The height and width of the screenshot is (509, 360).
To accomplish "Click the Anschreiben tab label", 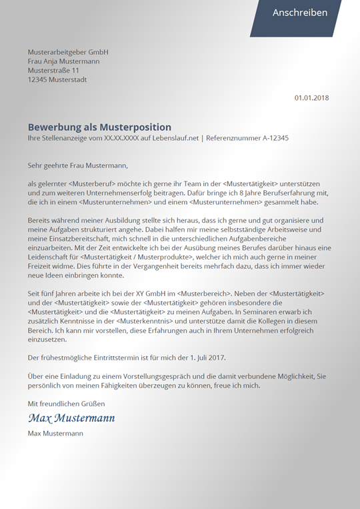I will point(300,13).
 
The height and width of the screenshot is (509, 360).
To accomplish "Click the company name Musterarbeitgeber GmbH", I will point(68,52).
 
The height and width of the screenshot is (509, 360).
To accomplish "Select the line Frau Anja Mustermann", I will point(64,61).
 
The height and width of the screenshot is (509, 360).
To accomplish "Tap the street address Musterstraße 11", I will point(53,71).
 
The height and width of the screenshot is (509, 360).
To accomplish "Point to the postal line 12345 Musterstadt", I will point(57,80).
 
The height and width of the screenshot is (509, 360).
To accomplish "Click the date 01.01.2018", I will point(312,98).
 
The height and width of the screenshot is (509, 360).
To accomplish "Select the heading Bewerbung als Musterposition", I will point(99,127).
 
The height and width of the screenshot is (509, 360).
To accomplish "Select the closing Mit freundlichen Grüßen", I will point(66,404).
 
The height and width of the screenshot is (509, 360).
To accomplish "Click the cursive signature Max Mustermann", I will point(71,418).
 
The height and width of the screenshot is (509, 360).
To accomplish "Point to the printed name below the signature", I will point(55,433).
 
